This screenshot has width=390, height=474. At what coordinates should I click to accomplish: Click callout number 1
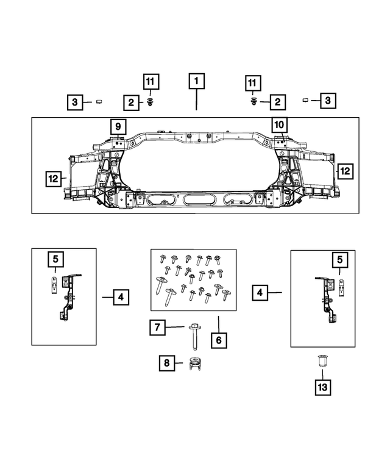click(196, 81)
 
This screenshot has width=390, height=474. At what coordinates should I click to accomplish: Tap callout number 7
click(157, 328)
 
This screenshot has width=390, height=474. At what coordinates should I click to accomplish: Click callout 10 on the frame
click(278, 125)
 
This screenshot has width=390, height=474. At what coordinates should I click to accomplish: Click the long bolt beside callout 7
click(193, 332)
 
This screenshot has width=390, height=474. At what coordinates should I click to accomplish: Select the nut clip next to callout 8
click(195, 364)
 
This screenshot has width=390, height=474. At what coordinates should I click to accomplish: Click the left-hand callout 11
click(151, 81)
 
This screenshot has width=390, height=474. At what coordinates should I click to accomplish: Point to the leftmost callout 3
click(74, 102)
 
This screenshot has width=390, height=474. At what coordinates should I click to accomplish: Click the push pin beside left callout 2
click(150, 102)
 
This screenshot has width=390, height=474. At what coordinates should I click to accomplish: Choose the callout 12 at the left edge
click(54, 179)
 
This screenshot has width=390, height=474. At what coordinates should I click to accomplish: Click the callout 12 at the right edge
click(344, 171)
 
